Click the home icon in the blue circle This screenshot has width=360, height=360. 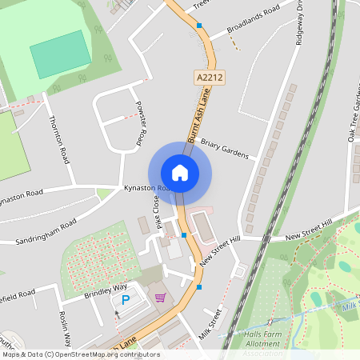(180, 172)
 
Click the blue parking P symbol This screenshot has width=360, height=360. (125, 300)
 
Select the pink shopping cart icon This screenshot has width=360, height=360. (160, 298)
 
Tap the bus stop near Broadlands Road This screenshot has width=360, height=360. (199, 26)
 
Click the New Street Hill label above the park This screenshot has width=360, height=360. (309, 230)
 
